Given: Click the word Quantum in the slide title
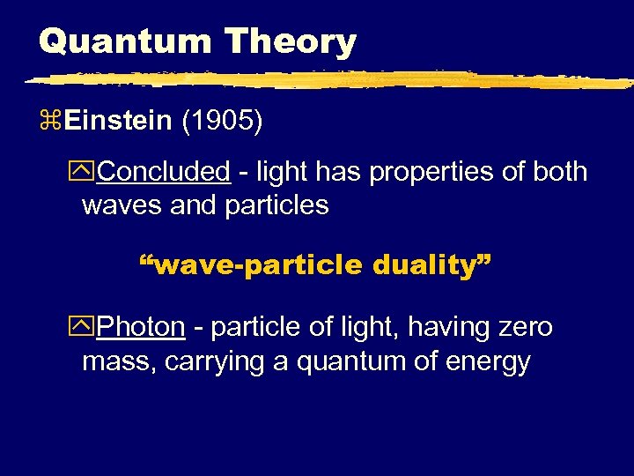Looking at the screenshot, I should coord(122,41).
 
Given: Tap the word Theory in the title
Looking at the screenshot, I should coord(290,41).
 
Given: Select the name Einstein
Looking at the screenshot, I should coord(119,121).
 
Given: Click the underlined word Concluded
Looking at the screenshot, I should coord(163,171).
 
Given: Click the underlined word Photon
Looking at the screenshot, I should coord(141,327).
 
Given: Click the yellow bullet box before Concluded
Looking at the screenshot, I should coord(88,172).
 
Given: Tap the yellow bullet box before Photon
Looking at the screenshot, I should coord(88,328).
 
